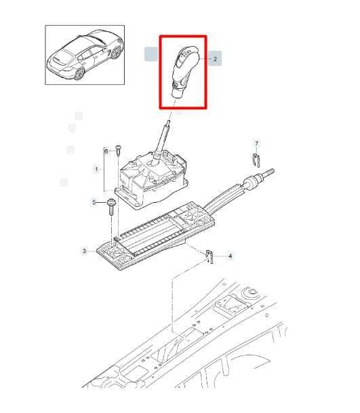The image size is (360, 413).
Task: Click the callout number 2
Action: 215,59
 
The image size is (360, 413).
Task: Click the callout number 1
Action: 96,169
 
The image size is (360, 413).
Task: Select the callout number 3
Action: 84,251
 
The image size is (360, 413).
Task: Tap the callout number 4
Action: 230,256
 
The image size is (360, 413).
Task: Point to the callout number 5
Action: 94,202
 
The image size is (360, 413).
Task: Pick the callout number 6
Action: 106,151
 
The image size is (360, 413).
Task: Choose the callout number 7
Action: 257,143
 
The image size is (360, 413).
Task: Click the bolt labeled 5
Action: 111,207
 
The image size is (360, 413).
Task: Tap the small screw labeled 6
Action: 118,150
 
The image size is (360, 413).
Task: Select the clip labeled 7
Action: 256,160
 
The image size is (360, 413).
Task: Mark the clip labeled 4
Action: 209,256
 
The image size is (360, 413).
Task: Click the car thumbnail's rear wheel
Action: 79,73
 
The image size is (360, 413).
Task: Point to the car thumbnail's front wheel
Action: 115,53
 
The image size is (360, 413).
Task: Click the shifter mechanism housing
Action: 153,181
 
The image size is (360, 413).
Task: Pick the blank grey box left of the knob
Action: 151,54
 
